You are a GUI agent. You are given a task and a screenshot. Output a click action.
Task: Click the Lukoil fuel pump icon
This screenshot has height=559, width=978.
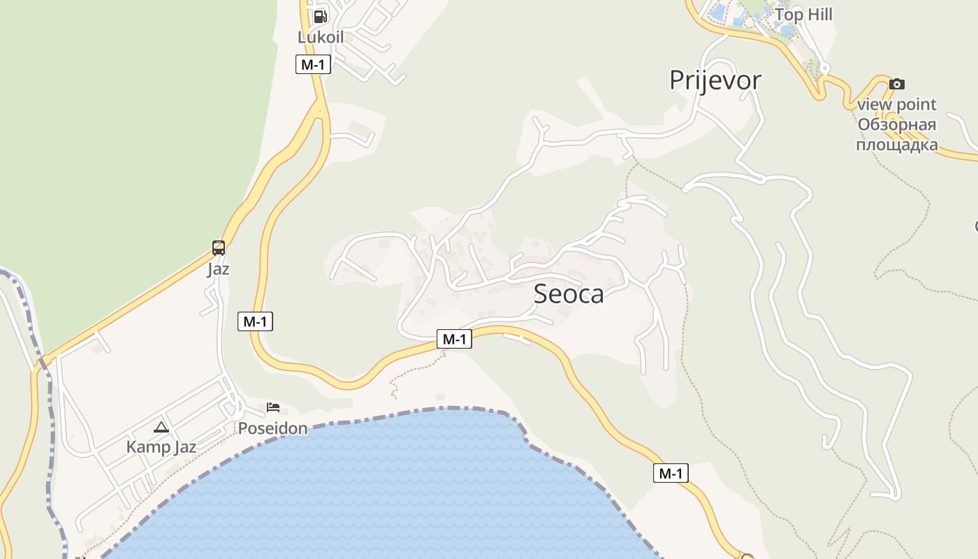(x=320, y=16)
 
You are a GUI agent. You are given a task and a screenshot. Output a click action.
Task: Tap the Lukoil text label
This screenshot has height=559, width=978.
(x=321, y=37)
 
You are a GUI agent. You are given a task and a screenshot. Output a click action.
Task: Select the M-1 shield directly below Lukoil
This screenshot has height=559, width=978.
(x=313, y=65)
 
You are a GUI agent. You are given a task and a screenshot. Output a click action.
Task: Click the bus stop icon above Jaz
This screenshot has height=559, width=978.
(x=219, y=248)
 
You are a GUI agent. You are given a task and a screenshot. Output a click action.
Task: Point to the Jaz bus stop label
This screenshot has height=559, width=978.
(x=219, y=269)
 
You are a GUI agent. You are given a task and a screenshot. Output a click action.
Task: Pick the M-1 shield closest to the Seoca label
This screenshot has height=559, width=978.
(x=454, y=340)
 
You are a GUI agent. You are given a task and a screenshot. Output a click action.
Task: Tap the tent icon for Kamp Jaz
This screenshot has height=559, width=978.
(x=161, y=427)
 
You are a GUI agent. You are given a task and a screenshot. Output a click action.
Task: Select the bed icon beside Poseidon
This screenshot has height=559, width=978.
(x=273, y=407)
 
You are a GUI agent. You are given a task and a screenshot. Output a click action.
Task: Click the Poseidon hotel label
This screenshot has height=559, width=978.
(x=273, y=428)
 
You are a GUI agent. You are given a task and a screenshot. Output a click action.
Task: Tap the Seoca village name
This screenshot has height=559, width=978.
(x=569, y=294)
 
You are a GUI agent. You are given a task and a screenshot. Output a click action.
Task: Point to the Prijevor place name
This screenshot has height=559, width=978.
(x=715, y=80)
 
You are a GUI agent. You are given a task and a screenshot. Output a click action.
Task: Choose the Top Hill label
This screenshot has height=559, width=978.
(x=803, y=15)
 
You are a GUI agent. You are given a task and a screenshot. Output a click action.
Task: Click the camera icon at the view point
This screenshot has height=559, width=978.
(x=897, y=84)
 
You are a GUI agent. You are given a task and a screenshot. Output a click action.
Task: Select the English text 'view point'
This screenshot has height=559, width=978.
(x=897, y=105)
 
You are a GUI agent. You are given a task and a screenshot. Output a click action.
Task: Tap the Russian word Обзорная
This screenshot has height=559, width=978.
(x=897, y=125)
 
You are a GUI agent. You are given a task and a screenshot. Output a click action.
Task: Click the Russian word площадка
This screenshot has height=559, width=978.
(x=897, y=145)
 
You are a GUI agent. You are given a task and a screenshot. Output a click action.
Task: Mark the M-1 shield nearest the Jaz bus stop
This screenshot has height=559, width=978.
(x=255, y=321)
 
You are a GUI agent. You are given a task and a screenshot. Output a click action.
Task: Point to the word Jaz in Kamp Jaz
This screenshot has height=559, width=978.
(x=184, y=447)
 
